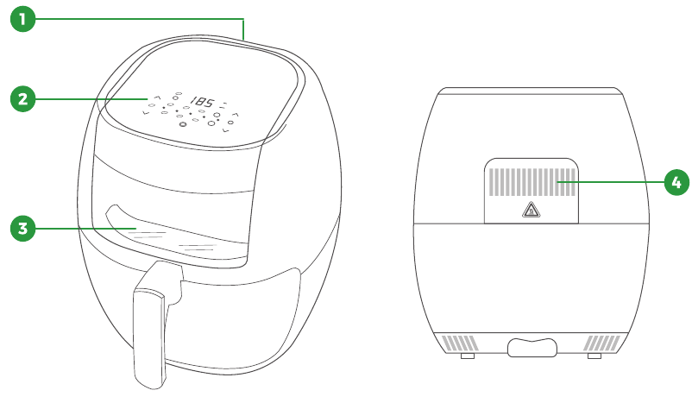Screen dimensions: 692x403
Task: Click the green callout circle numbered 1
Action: [22, 19]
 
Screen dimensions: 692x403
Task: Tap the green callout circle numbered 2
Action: [22, 99]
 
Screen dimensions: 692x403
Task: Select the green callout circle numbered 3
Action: [22, 228]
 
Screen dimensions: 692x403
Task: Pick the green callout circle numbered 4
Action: [676, 182]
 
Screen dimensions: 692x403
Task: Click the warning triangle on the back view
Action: [531, 210]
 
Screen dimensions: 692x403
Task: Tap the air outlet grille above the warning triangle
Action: [532, 182]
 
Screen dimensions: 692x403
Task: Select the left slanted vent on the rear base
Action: [460, 343]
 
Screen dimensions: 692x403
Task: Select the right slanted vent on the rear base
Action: [602, 343]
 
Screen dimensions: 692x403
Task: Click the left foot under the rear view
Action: [468, 356]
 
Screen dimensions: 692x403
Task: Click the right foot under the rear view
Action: [594, 356]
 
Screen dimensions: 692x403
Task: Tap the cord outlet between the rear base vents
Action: [532, 348]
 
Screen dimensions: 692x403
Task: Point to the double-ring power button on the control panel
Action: [182, 124]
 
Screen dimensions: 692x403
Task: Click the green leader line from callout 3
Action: [85, 228]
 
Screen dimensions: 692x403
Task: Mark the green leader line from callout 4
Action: [610, 182]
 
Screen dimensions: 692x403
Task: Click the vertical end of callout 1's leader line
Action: [243, 29]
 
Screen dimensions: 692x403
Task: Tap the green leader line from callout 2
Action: [91, 99]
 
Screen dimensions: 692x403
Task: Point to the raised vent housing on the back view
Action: [532, 191]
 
